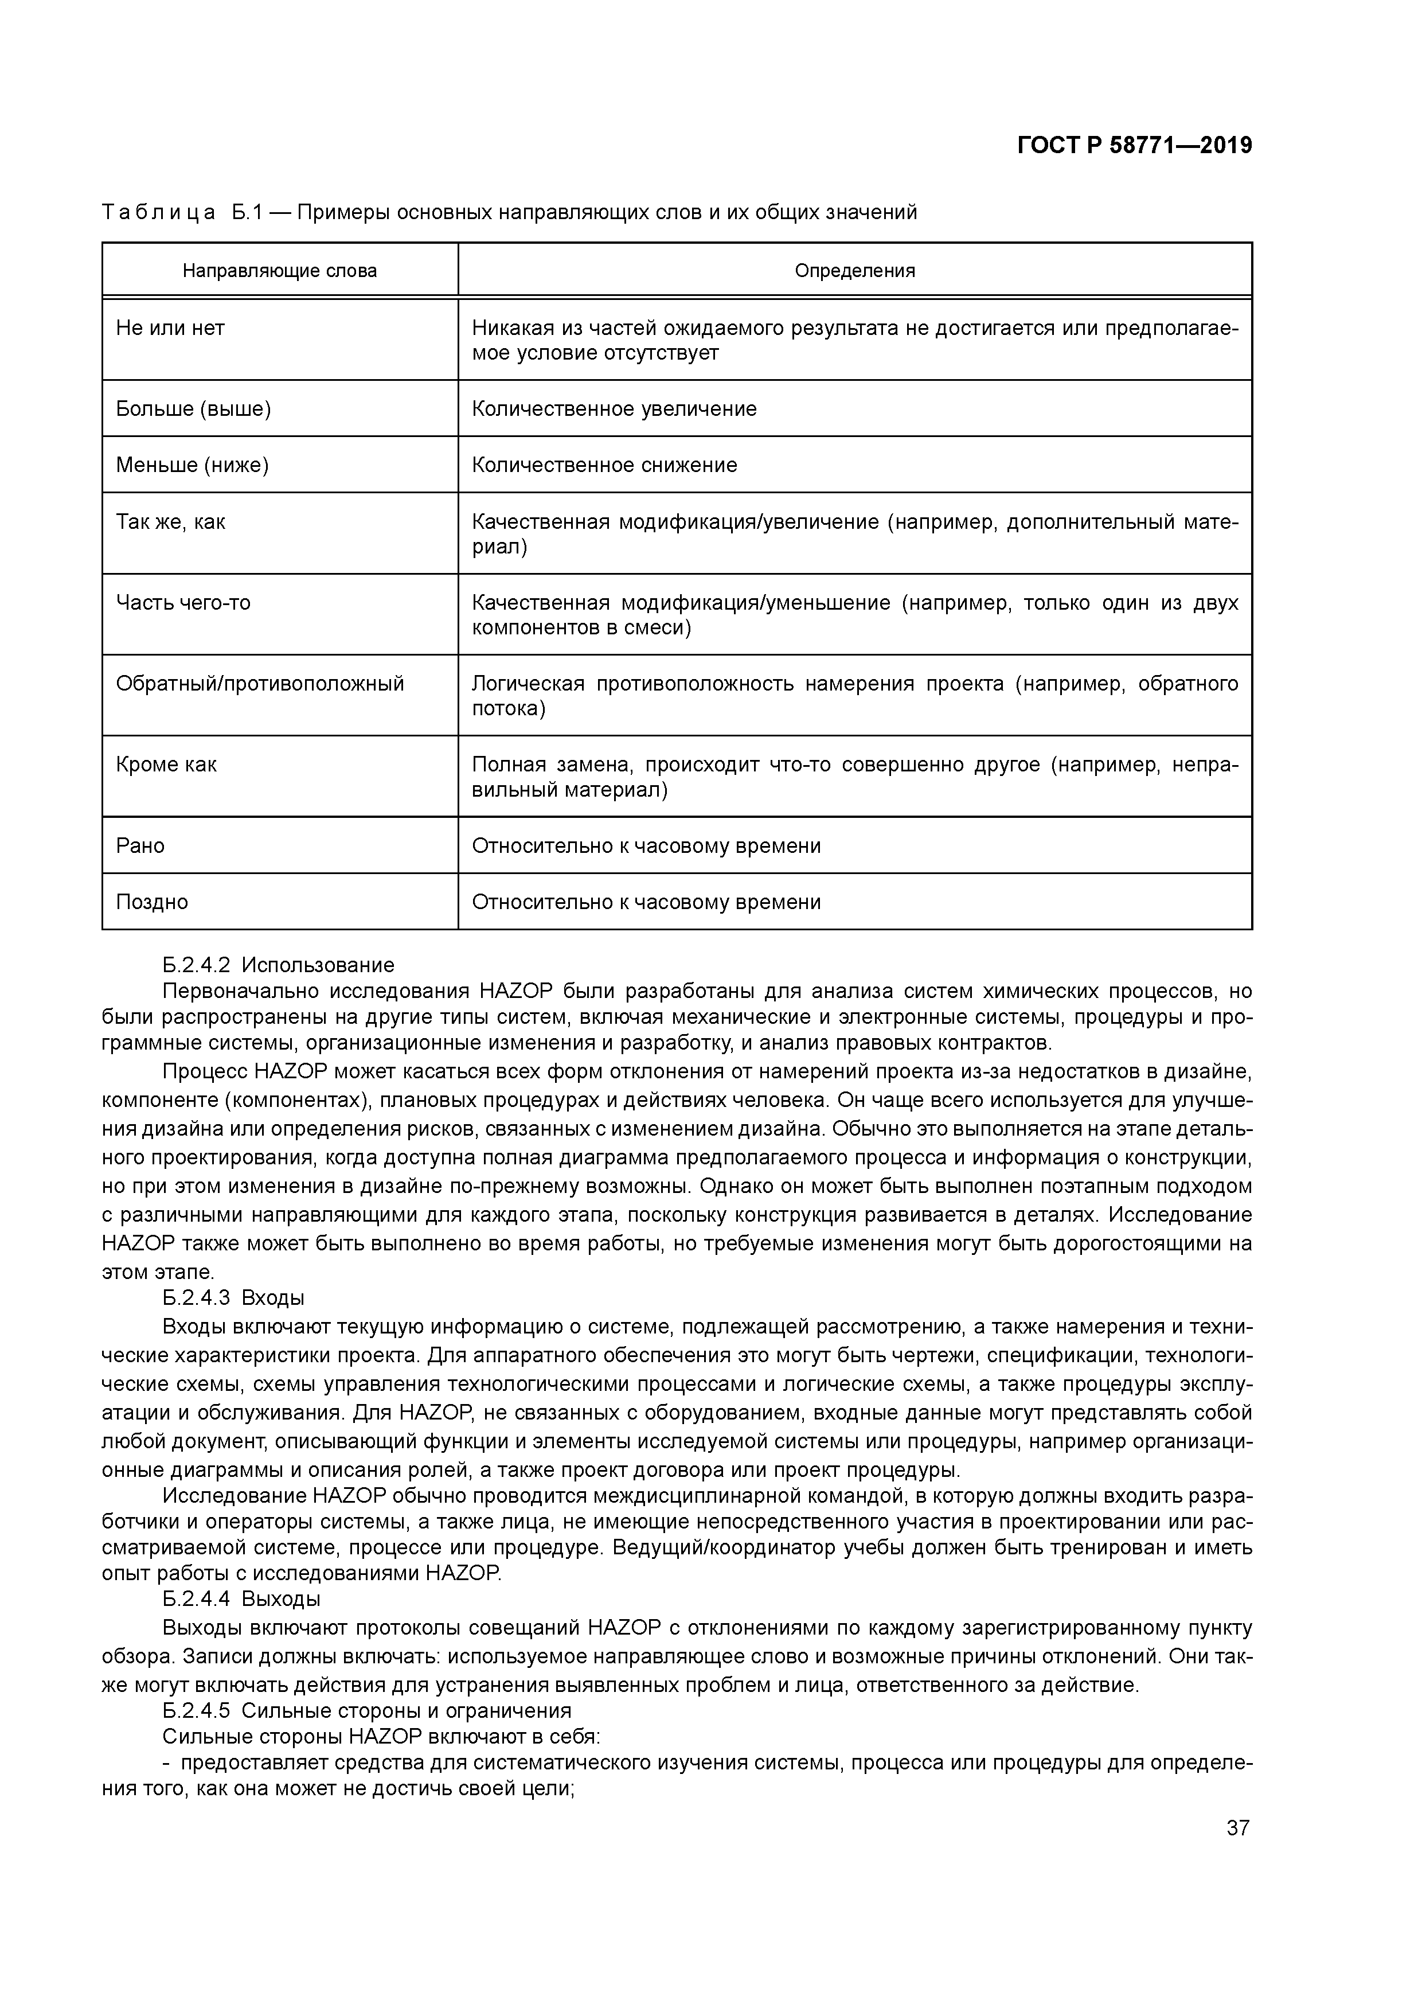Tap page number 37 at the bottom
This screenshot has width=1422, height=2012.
coord(1237,1828)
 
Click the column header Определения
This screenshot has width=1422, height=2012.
coord(854,271)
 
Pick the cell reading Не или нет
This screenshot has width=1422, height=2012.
coord(171,329)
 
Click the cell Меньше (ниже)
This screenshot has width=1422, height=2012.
coord(192,465)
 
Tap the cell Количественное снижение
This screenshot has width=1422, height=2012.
coord(604,465)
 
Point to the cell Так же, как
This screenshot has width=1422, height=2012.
coord(171,523)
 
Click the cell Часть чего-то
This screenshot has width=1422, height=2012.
coord(183,603)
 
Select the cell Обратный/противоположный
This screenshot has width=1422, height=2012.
coord(260,684)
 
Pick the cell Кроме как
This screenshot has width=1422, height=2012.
coord(166,765)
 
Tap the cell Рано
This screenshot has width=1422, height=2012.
coord(140,845)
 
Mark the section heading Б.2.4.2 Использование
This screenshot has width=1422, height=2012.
coord(279,965)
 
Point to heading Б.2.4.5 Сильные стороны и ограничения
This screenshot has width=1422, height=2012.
coord(366,1710)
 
